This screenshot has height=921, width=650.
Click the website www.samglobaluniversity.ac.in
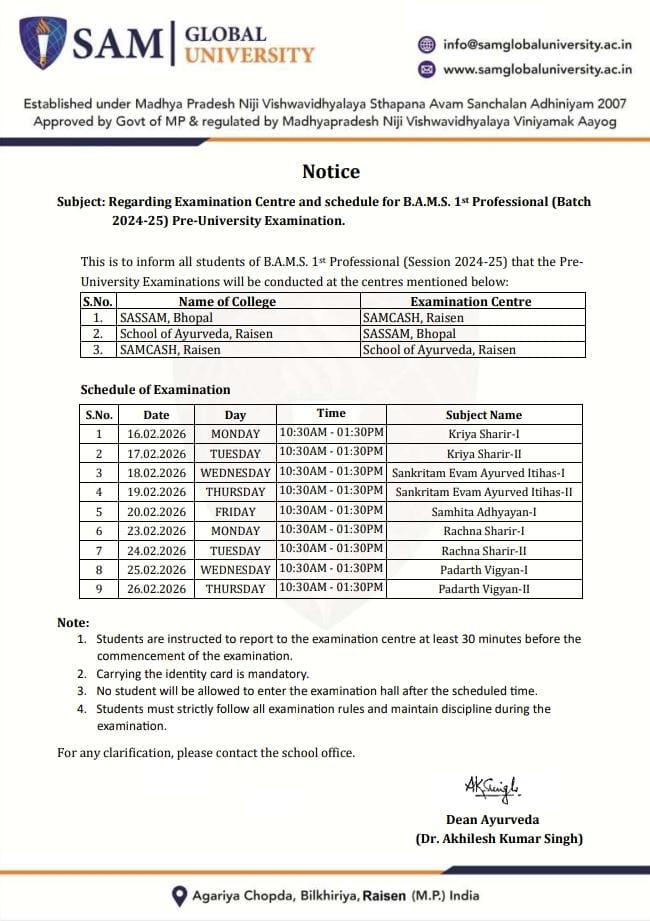[537, 69]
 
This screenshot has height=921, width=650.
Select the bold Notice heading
[331, 171]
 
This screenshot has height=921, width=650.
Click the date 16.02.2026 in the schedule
[156, 434]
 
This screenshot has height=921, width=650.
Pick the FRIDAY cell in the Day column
[235, 511]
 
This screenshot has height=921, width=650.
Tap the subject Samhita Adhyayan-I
[484, 511]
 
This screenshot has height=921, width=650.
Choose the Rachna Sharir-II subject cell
[484, 550]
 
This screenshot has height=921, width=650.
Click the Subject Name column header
[484, 415]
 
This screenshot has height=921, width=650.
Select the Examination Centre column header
[471, 301]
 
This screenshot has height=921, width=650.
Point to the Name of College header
[227, 301]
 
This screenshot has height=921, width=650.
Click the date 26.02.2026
[156, 589]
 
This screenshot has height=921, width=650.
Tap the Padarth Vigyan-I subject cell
[484, 569]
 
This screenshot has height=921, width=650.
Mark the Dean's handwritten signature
[492, 787]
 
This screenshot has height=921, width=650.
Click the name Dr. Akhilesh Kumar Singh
[499, 839]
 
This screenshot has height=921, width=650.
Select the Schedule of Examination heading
[155, 390]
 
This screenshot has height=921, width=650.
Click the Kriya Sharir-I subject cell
[484, 434]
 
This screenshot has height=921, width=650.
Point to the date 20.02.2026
[156, 511]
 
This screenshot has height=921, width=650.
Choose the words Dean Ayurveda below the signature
[499, 820]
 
